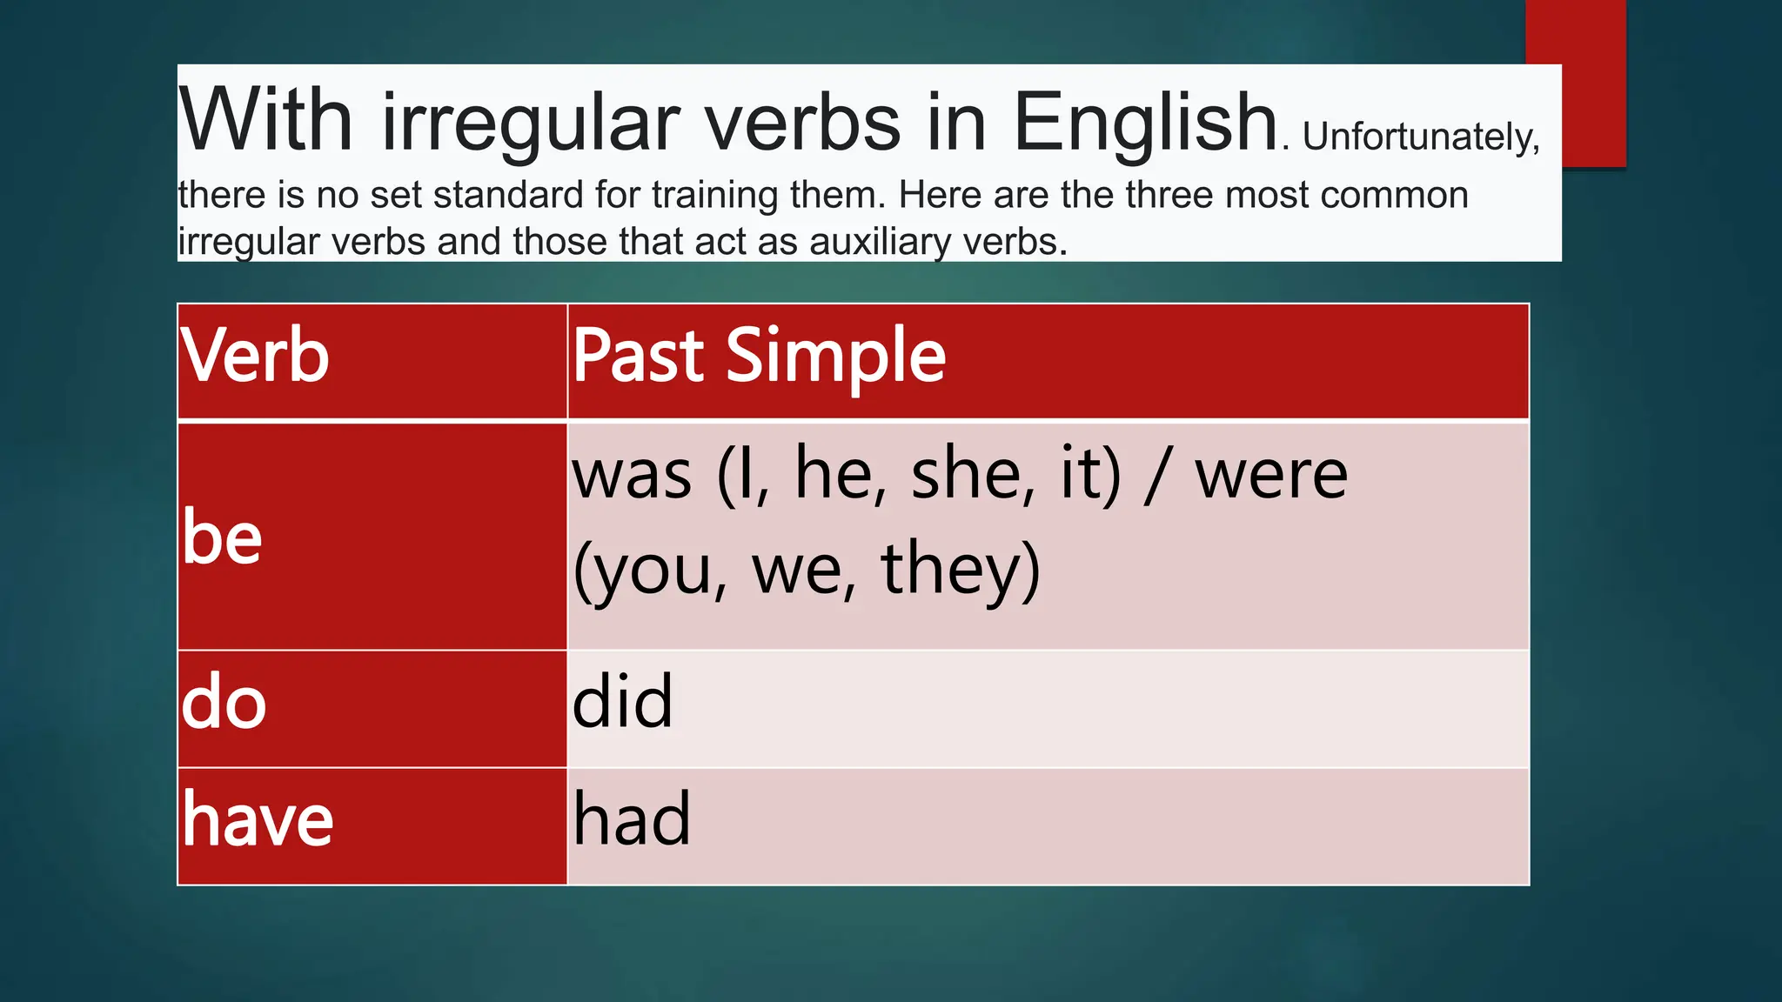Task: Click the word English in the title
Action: coord(1144,124)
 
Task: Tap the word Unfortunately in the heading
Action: coord(1420,137)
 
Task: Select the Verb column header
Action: coord(255,356)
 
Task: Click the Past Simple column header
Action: coord(759,356)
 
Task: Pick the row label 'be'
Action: coord(223,538)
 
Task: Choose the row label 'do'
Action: coord(224,703)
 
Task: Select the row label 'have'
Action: coord(258,820)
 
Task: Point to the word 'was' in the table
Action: coord(632,477)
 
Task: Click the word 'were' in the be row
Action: coord(1270,477)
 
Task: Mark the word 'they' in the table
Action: coord(961,570)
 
